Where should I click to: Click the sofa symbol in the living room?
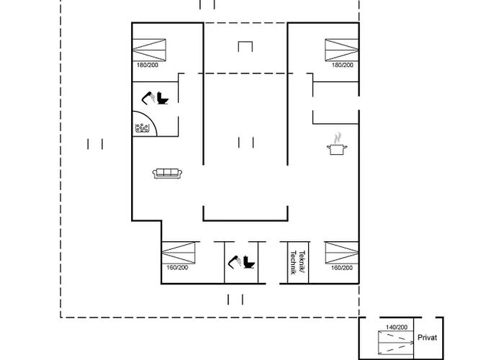[167, 174]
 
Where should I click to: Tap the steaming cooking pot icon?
[337, 144]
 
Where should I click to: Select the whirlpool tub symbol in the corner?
[142, 128]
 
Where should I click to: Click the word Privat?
[427, 338]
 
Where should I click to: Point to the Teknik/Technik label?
[297, 262]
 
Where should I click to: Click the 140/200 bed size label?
[397, 327]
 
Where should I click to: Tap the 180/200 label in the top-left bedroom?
[148, 65]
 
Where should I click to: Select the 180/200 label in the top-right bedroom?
[343, 65]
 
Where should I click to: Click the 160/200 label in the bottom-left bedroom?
[177, 267]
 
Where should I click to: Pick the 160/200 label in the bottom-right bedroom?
[342, 267]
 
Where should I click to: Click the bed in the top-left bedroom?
[149, 50]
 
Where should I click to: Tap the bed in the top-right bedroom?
[342, 50]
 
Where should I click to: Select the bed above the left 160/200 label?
[179, 253]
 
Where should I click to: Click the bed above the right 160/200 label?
[342, 253]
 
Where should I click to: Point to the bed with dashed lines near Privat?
[396, 343]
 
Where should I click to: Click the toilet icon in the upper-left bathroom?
[163, 98]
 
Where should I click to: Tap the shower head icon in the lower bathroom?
[235, 261]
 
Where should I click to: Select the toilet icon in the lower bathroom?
[249, 261]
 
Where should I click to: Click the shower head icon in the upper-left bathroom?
[148, 98]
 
